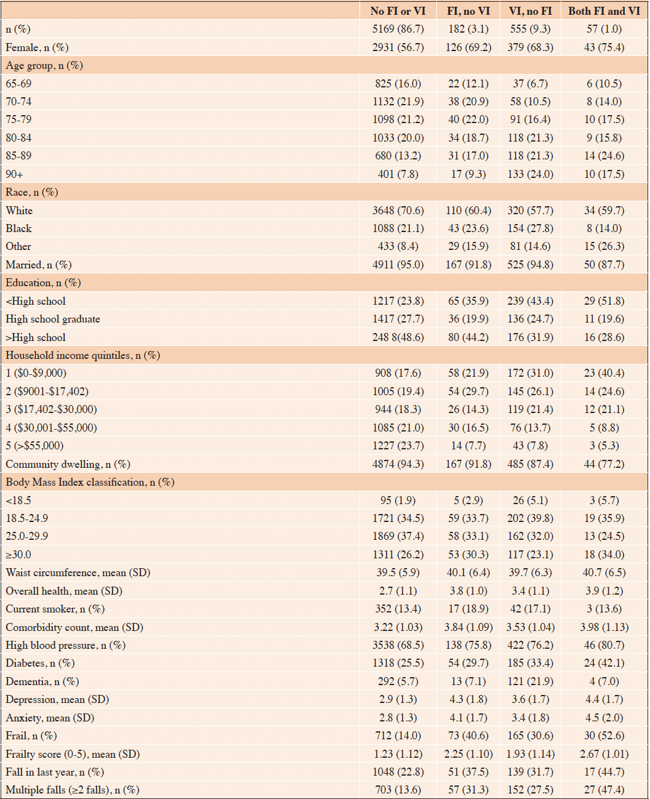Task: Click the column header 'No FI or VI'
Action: click(x=398, y=11)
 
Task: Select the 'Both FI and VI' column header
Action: click(x=604, y=11)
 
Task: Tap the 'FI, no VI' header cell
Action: click(x=468, y=11)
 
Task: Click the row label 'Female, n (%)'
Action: click(x=37, y=47)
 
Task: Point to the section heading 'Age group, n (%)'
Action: click(x=44, y=66)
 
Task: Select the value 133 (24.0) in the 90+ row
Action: click(x=531, y=174)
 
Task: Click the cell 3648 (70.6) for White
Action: click(x=398, y=211)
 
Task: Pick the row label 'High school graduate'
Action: click(x=53, y=319)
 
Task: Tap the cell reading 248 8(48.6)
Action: click(x=398, y=337)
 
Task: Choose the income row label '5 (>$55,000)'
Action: click(x=34, y=446)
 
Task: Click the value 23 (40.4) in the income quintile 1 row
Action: click(x=604, y=373)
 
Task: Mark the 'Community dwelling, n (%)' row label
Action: click(x=68, y=464)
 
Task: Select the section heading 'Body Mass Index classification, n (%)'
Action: click(x=90, y=483)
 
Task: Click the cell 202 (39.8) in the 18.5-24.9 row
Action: click(x=531, y=518)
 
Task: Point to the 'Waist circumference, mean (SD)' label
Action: click(x=78, y=573)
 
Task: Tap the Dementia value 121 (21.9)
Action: click(x=531, y=681)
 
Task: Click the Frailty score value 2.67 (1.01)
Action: click(x=604, y=754)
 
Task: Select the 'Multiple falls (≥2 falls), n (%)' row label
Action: click(x=73, y=790)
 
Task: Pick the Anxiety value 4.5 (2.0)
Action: click(x=604, y=718)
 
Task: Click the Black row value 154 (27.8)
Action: click(x=531, y=229)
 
